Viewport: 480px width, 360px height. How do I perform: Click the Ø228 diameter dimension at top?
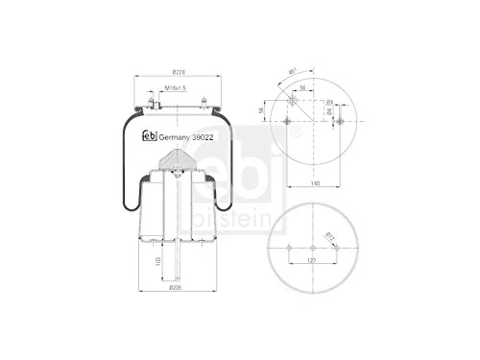point(178,72)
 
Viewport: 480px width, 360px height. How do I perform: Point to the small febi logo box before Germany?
point(151,135)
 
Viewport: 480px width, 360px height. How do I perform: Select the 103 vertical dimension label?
point(156,261)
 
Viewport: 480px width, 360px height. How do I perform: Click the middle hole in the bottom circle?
point(314,247)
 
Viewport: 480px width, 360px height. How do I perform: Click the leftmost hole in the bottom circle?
point(288,247)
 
